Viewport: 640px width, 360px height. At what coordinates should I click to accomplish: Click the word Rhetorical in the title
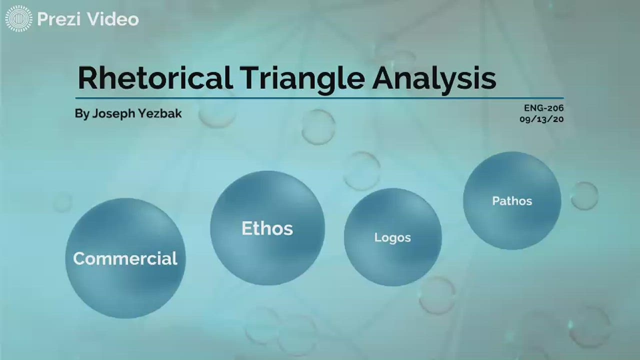coord(154,78)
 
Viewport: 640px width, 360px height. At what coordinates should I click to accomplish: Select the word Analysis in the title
coord(433,78)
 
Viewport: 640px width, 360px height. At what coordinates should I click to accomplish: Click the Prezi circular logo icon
coord(18,19)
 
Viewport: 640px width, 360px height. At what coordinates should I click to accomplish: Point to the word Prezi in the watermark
coord(60,19)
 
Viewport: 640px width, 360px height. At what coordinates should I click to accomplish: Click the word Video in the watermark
coord(113,19)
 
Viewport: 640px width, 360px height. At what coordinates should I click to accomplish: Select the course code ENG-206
coord(543,107)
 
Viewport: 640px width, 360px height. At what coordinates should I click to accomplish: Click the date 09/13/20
coord(541,119)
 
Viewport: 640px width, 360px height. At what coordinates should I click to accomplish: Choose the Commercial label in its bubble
coord(125,258)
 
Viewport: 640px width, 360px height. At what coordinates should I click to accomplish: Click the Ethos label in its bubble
coord(267,228)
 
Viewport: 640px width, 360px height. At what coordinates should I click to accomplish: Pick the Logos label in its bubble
coord(392,237)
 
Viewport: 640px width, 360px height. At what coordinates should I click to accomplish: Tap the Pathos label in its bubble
coord(512,201)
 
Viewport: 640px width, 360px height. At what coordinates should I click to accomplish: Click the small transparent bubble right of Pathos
coord(584,195)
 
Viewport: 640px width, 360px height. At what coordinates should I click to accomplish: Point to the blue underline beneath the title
coord(320,98)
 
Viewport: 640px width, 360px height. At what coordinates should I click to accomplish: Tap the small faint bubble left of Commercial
coord(62,202)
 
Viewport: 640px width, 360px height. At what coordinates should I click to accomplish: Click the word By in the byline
coord(82,113)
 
